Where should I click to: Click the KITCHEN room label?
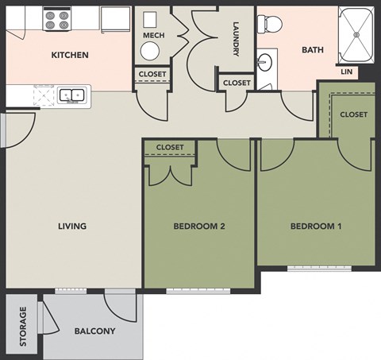click(x=69, y=56)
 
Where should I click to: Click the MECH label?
click(x=153, y=36)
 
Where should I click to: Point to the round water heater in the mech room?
click(x=150, y=52)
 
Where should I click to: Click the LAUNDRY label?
click(x=236, y=38)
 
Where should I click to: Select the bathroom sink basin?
click(x=267, y=61)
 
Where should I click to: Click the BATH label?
click(x=312, y=50)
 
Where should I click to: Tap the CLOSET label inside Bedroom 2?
click(x=170, y=148)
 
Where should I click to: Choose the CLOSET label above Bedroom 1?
click(x=353, y=114)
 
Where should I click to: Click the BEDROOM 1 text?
click(x=315, y=226)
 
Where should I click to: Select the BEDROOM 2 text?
click(x=199, y=226)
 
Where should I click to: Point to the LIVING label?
click(x=71, y=226)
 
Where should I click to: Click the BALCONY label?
click(x=94, y=331)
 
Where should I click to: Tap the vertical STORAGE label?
click(x=23, y=326)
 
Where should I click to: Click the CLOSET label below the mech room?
click(x=152, y=75)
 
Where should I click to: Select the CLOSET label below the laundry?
click(x=236, y=83)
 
